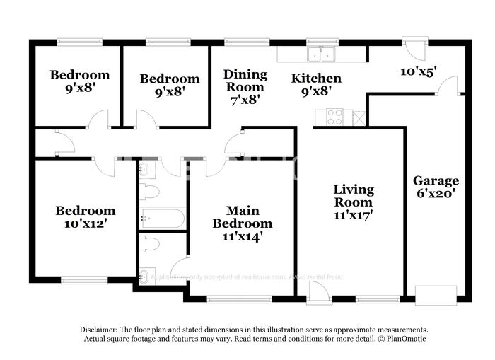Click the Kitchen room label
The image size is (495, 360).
point(316,79)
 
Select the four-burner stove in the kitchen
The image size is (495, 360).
point(334,117)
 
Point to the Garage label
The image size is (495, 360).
point(436,180)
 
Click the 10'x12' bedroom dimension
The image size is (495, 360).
point(85,223)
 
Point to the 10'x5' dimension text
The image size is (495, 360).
point(418,71)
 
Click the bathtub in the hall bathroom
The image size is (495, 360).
point(163,218)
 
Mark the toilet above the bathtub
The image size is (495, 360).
point(151,192)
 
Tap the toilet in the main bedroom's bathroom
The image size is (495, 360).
point(150,245)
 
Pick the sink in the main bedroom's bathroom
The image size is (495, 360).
point(146,276)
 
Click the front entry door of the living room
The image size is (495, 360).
point(320,292)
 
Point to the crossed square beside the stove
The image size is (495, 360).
point(359,117)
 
